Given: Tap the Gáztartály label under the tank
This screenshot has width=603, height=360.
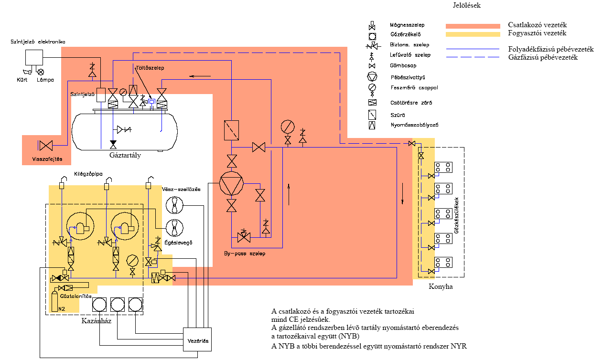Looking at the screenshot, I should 125,155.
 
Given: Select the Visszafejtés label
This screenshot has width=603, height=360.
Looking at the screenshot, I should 46,159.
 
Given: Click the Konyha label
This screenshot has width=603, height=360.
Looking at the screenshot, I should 440,286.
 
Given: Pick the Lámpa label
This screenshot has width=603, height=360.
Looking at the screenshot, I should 45,80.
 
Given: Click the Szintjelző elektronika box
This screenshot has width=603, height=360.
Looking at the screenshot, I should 34,58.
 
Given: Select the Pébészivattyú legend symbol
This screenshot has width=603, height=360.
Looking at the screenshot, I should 372,77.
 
